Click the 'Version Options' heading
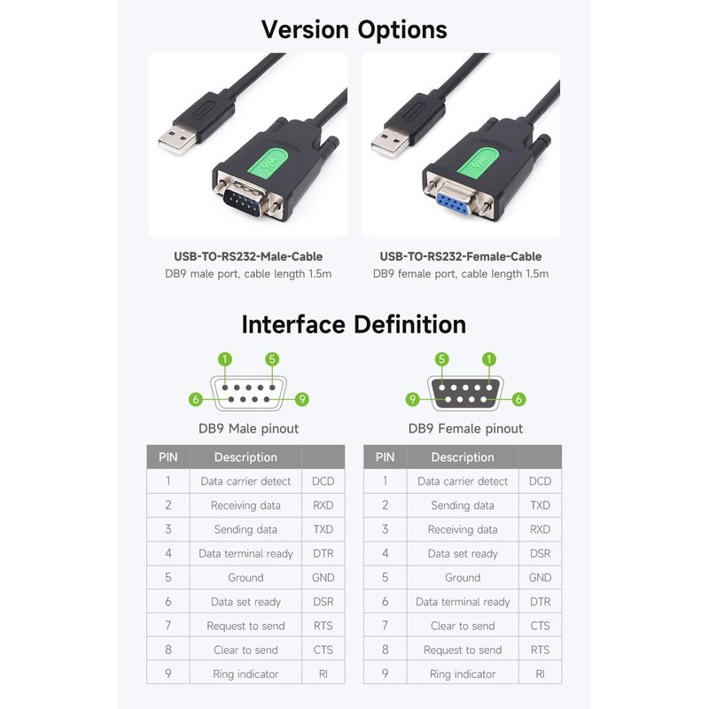[354, 30]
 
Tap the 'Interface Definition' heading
[354, 324]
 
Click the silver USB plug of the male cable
[177, 139]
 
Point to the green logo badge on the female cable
[480, 161]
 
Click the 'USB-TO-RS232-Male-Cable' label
[248, 257]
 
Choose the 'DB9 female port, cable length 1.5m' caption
[461, 274]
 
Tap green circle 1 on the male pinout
[225, 360]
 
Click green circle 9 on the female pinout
[412, 400]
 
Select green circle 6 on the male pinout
[195, 400]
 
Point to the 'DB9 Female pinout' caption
[465, 429]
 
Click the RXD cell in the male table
[323, 505]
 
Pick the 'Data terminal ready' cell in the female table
[463, 602]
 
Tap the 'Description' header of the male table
[245, 457]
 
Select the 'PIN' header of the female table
[385, 457]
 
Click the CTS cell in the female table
[540, 626]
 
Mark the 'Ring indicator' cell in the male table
[245, 674]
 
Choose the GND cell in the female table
[540, 578]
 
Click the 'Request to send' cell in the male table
[245, 626]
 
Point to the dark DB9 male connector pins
[243, 202]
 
